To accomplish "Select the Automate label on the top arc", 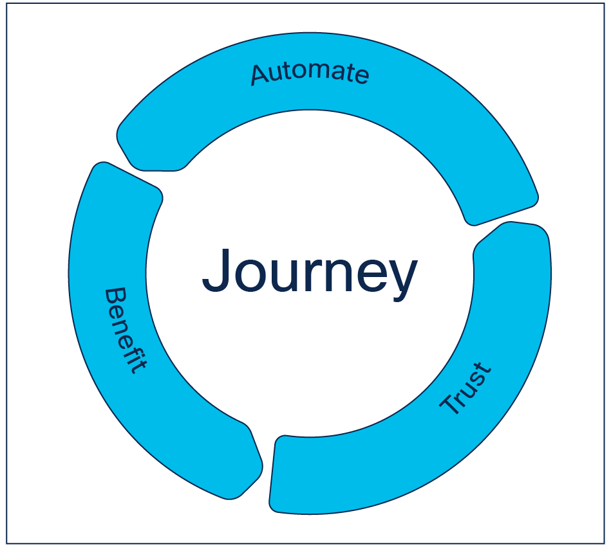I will coord(310,73).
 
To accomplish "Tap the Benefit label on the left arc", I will coord(125,331).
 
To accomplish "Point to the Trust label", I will coord(466,389).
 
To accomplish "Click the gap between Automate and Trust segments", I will coord(505,219).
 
